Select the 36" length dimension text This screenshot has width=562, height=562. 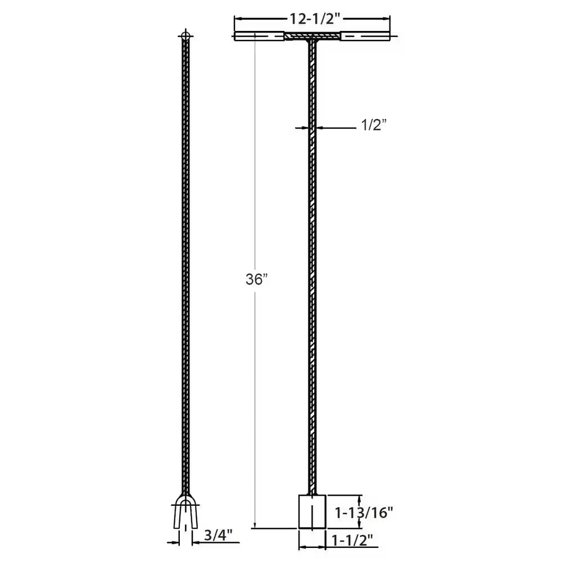tap(257, 280)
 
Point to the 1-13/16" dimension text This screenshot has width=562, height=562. tap(364, 512)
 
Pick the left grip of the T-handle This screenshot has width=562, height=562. tap(259, 37)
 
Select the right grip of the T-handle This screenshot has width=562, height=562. tap(365, 37)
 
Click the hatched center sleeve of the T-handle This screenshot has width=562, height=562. tap(311, 37)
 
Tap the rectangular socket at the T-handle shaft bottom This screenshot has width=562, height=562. tap(312, 512)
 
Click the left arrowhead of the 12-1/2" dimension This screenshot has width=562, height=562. tap(237, 19)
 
